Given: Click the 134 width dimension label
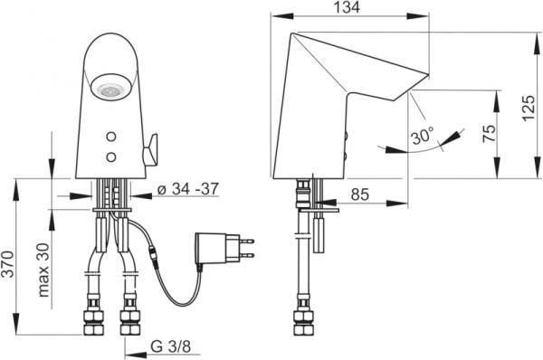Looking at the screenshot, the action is click(347, 7).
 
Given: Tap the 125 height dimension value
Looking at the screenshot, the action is click(529, 108).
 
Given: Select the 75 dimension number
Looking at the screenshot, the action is click(489, 133).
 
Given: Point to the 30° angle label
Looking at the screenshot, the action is click(423, 136).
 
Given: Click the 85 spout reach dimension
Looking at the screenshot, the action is click(360, 194).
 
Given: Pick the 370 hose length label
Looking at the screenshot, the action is click(7, 264).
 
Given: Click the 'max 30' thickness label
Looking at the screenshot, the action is click(43, 270).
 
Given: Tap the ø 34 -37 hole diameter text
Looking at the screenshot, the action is click(188, 189).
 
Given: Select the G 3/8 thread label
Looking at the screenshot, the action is click(171, 346).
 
